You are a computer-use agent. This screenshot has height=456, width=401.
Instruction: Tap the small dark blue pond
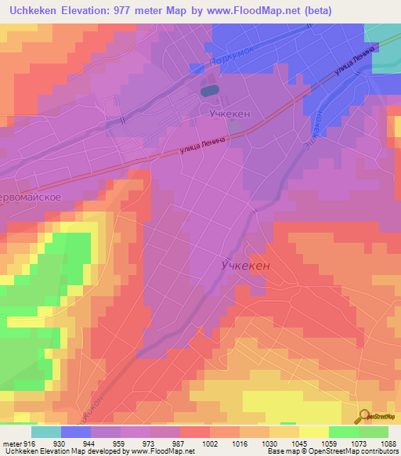pos(209,91)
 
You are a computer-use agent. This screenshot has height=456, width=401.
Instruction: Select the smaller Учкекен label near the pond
pos(229,114)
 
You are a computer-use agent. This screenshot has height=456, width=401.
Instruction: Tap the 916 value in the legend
pos(28,444)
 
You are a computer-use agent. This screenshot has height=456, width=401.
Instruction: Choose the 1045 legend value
pos(298,444)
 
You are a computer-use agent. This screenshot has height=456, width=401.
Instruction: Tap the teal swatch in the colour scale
pos(46,432)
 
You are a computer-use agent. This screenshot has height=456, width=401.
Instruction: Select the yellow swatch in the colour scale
pos(313,432)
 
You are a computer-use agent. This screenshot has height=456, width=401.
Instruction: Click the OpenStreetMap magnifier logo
pos(363,418)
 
